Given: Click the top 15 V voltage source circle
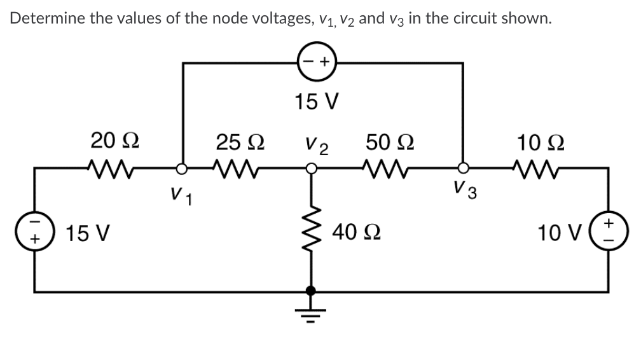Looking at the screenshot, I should pyautogui.click(x=317, y=62).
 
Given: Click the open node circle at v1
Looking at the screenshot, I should pyautogui.click(x=183, y=169).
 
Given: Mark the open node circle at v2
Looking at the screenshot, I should pyautogui.click(x=311, y=169).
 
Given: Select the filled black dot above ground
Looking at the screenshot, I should pyautogui.click(x=311, y=291).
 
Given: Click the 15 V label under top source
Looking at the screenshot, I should pyautogui.click(x=317, y=101).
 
